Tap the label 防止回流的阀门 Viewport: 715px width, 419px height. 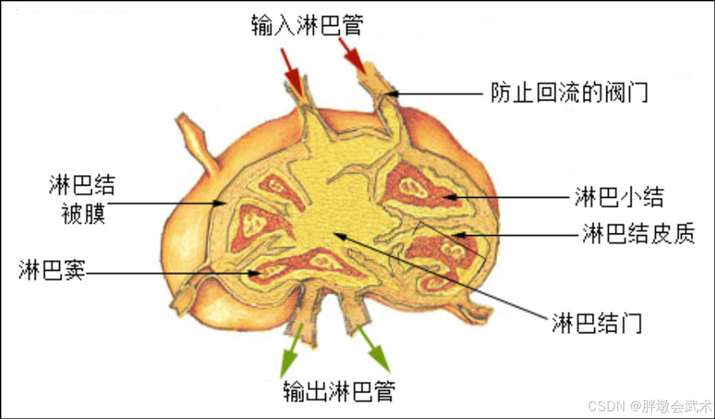pyautogui.click(x=569, y=93)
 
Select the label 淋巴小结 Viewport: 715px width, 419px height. pyautogui.click(x=618, y=197)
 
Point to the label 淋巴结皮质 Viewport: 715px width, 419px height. pyautogui.click(x=638, y=233)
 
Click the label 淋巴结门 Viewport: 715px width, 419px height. pyautogui.click(x=597, y=322)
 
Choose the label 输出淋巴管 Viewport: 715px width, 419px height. pyautogui.click(x=338, y=391)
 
